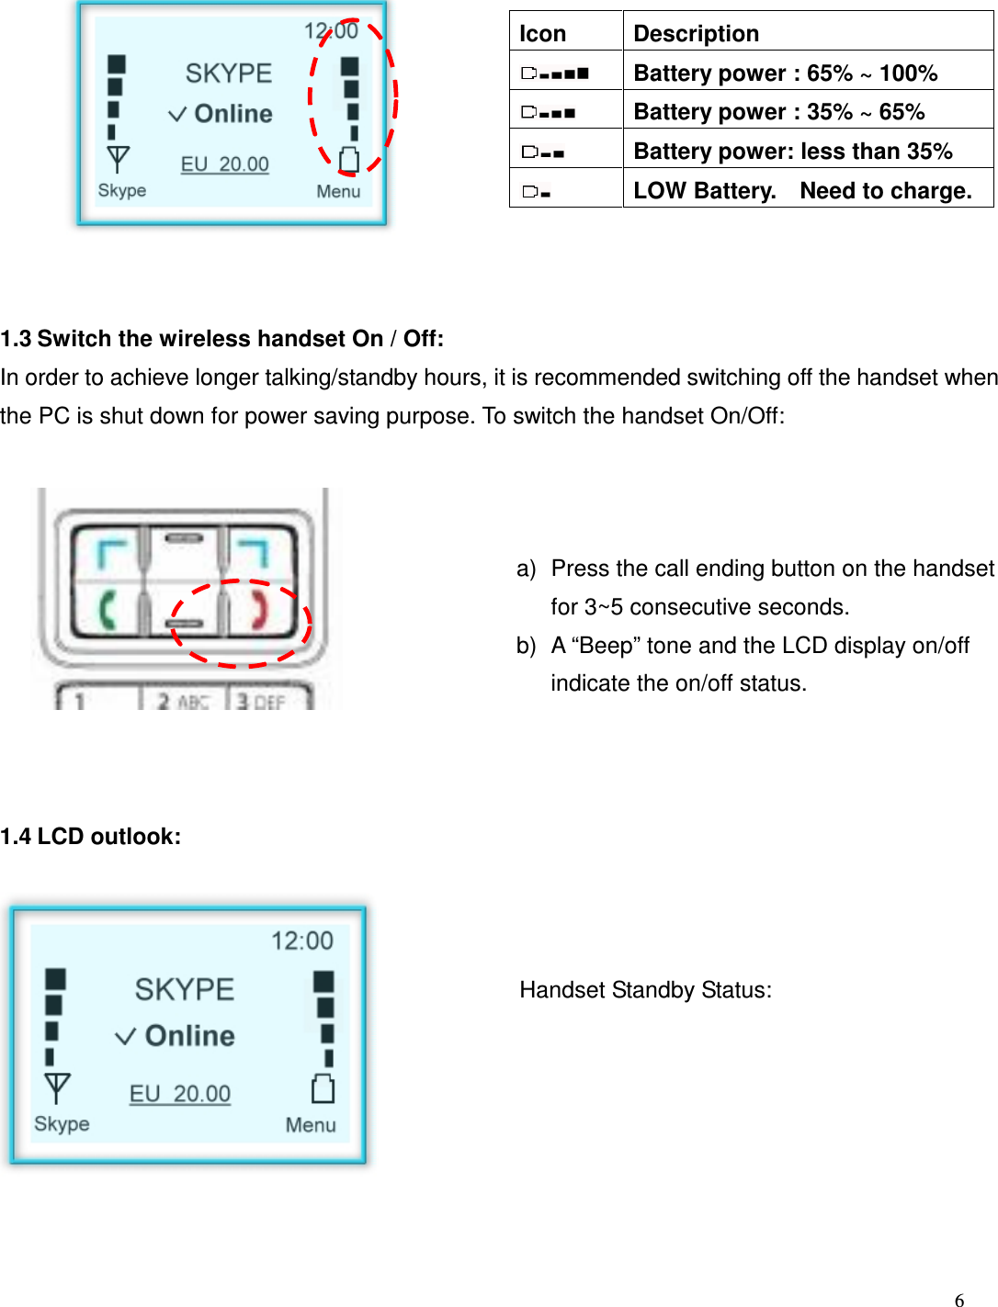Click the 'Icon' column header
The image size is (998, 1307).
pos(543,34)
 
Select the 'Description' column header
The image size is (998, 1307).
pos(696,34)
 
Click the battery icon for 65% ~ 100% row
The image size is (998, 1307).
pos(555,73)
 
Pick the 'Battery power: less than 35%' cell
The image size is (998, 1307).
pos(792,151)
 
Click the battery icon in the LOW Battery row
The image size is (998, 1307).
pos(537,192)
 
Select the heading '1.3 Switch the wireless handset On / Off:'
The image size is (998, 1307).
pos(222,339)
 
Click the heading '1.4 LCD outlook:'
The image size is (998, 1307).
pos(91,837)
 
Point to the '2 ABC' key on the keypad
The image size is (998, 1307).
pos(182,702)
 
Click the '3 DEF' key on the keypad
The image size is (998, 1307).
pos(261,702)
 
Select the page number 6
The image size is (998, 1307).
pos(959,1299)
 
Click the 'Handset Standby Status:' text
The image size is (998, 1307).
pos(645,990)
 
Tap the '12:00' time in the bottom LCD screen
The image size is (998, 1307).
pos(301,941)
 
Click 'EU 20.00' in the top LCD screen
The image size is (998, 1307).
pos(225,164)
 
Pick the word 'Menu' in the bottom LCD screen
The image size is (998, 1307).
pos(311,1125)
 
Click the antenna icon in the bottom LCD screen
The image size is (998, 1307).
pos(57,1087)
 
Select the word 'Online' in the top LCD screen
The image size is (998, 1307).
pos(233,114)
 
